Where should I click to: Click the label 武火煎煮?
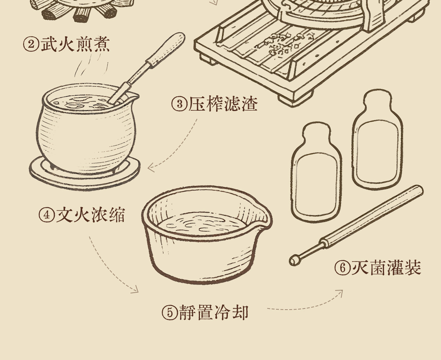[75, 44]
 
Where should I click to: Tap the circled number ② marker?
[31, 44]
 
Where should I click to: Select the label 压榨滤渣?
[223, 104]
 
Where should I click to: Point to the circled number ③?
[179, 104]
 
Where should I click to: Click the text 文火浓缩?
[91, 215]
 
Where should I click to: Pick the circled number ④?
[47, 215]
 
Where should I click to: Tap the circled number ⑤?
[170, 313]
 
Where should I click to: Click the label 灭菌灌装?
[386, 268]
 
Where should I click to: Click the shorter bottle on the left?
[316, 172]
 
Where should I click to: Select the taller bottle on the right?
[378, 139]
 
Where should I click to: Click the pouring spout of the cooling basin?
[265, 218]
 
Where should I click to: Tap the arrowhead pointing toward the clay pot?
[151, 168]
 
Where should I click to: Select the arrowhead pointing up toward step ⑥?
[339, 293]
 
